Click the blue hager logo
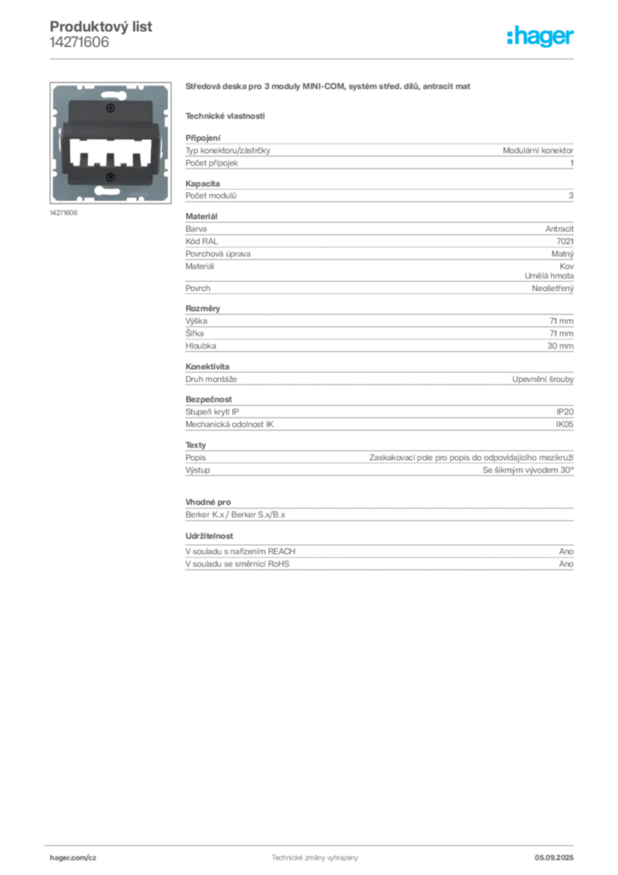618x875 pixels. [x=541, y=38]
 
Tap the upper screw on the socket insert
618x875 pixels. [x=109, y=110]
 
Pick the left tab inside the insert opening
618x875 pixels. [x=85, y=158]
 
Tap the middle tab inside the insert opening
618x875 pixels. [x=109, y=158]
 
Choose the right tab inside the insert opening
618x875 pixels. [x=133, y=158]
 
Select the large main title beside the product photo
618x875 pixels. [x=329, y=88]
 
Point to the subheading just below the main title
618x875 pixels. [x=225, y=115]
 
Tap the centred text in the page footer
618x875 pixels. [x=314, y=855]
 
